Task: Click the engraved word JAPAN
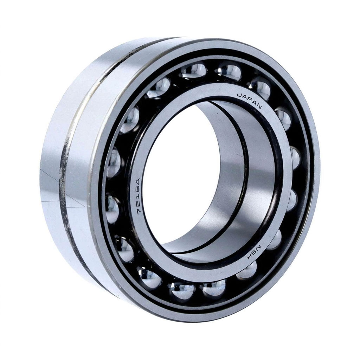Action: [x=249, y=101]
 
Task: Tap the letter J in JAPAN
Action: [x=238, y=95]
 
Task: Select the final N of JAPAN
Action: [x=259, y=106]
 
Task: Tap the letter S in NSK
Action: [x=253, y=252]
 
